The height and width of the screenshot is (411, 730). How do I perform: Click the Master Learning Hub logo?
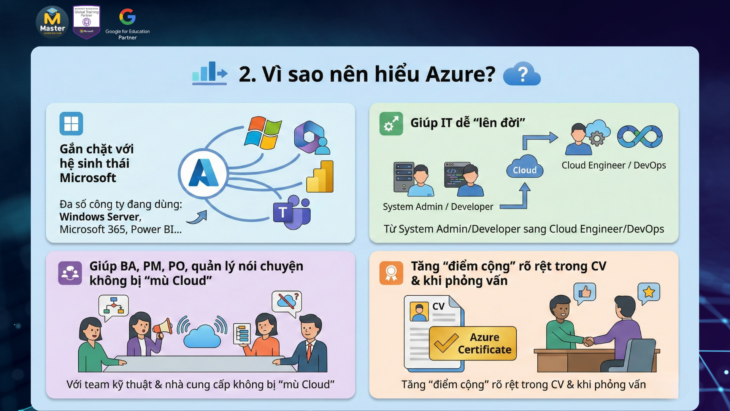point(52,22)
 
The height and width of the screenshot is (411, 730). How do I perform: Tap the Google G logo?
point(127,17)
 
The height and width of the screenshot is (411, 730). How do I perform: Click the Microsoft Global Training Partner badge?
point(86,22)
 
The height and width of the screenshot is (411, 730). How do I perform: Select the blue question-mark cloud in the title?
point(522,73)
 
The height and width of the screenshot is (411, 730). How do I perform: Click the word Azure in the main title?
point(460,74)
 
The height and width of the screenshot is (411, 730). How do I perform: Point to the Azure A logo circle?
point(204,173)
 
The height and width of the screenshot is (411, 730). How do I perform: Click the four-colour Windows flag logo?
point(263,133)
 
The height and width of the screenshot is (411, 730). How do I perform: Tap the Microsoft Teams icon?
point(292,212)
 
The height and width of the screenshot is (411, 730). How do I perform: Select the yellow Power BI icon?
point(320,176)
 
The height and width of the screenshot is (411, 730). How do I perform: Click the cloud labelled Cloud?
point(525,167)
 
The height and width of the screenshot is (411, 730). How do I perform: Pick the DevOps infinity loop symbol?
point(640,136)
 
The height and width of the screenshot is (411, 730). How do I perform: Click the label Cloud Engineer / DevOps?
point(614,165)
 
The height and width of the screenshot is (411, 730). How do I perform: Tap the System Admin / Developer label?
point(438,207)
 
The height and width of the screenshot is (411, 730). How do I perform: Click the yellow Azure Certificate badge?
point(473,343)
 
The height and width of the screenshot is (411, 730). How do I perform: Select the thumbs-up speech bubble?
point(584,293)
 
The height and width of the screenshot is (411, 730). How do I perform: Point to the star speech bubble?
point(649,293)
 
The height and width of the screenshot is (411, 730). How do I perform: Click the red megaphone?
point(163,328)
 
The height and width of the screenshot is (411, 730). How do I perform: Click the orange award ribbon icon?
point(391,273)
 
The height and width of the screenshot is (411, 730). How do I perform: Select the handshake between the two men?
point(588,341)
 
